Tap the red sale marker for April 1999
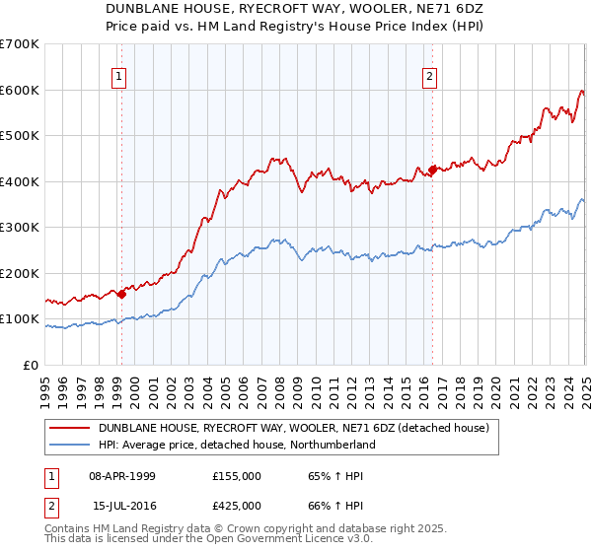pos(121,293)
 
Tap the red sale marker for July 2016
pos(432,170)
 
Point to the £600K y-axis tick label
pos(20,90)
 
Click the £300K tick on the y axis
pos(20,228)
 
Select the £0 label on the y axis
pos(33,365)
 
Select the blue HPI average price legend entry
pos(237,446)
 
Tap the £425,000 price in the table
pos(237,506)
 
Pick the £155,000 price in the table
pos(237,476)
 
